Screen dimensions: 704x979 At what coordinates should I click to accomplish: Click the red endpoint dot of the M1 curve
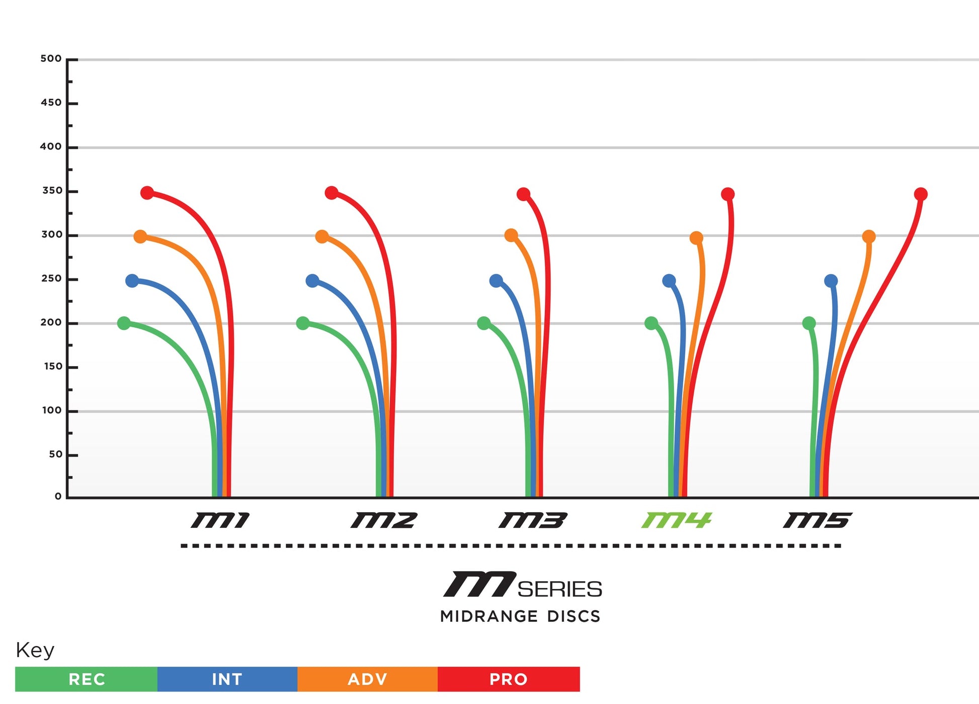coord(147,193)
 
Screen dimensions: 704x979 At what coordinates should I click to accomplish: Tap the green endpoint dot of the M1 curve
coord(124,323)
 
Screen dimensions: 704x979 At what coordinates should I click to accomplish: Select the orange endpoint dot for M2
coord(322,237)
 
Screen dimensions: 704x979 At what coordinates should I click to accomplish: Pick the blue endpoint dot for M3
coord(496,281)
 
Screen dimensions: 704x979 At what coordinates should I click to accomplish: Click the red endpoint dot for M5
coord(921,194)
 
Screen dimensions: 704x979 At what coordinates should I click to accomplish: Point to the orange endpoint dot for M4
coord(696,238)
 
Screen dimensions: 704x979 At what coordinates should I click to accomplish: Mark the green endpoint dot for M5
coord(809,323)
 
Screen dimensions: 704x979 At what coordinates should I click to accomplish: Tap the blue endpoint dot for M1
coord(132,281)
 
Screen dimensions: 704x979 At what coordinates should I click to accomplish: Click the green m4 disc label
coord(676,520)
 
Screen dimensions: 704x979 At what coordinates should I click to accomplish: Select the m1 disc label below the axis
coord(220,520)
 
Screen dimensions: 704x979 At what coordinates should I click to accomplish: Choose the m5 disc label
coord(817,520)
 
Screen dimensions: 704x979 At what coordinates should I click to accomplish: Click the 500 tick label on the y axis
coord(51,59)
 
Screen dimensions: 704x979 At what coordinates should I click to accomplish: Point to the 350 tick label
coord(52,191)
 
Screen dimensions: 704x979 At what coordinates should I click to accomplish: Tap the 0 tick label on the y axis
coord(58,497)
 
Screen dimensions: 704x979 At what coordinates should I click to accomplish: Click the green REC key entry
coord(87,679)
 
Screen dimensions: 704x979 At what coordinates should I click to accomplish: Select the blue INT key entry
coord(227,679)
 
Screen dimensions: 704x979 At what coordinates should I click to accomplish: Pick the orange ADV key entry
coord(368,679)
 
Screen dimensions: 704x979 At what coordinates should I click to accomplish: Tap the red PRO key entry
coord(509,679)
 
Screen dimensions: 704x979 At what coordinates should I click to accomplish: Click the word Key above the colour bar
coord(35,650)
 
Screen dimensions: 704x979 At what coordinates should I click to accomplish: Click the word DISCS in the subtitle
coord(574,616)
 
